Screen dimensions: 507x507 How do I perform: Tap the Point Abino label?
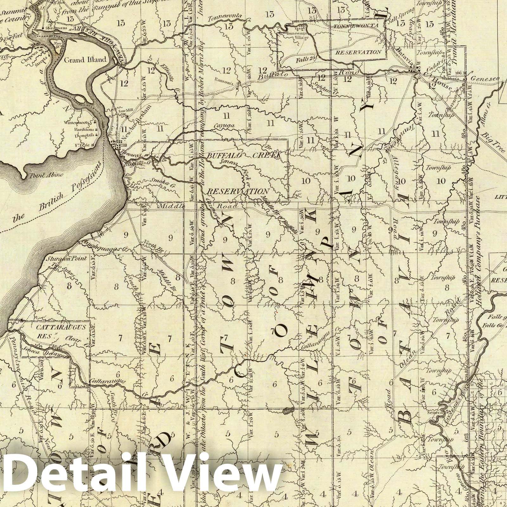point(41,175)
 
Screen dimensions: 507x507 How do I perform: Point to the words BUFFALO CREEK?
point(244,156)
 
